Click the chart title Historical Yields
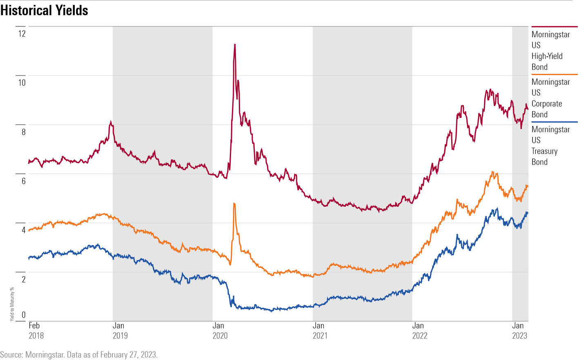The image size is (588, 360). click(x=44, y=10)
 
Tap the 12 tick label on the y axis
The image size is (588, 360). click(x=22, y=34)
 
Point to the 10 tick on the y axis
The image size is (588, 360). click(x=22, y=83)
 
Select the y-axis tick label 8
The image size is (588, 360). click(x=24, y=132)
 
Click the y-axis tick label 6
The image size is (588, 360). click(x=24, y=181)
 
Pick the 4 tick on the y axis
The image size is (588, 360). click(x=24, y=230)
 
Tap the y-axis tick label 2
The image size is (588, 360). click(x=24, y=280)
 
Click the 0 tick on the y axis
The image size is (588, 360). click(x=24, y=315)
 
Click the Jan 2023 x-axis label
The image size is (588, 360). click(x=519, y=331)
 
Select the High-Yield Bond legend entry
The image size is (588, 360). click(x=550, y=51)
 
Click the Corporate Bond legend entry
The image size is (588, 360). click(x=550, y=98)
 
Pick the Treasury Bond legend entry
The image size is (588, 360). click(x=550, y=145)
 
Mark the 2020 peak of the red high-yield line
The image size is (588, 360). click(x=235, y=44)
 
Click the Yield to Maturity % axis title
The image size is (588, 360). click(x=12, y=304)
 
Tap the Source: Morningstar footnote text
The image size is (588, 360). click(x=79, y=354)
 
